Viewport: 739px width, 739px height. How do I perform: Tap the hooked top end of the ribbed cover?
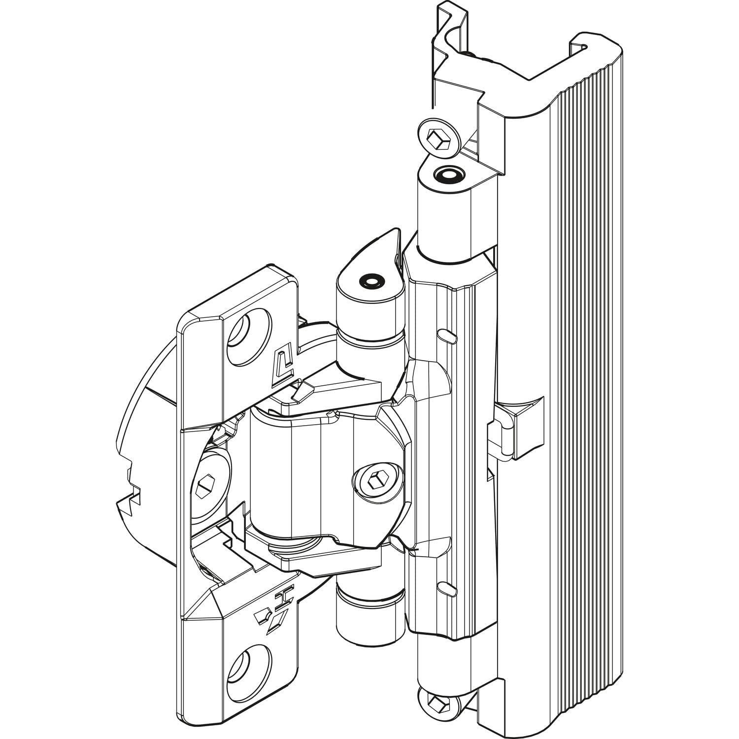pos(586,54)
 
